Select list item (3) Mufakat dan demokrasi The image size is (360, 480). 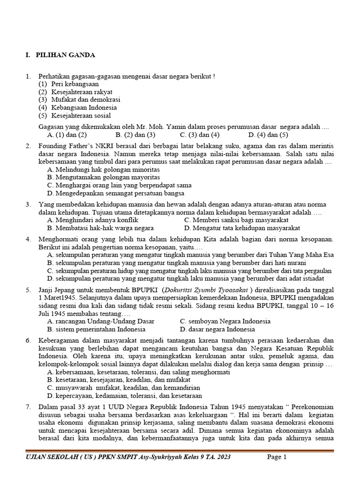tap(79, 100)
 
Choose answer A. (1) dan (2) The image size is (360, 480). tap(64, 135)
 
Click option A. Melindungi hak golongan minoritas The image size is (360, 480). tap(104, 169)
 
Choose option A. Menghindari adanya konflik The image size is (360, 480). tap(93, 220)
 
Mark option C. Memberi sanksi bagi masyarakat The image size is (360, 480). tap(236, 220)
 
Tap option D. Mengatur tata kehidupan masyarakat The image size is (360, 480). tap(242, 228)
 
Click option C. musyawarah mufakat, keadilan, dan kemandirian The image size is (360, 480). tap(124, 388)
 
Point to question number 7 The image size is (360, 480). tap(28, 407)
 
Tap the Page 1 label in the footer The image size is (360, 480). tap(277, 457)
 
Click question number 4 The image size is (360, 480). tap(28, 240)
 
